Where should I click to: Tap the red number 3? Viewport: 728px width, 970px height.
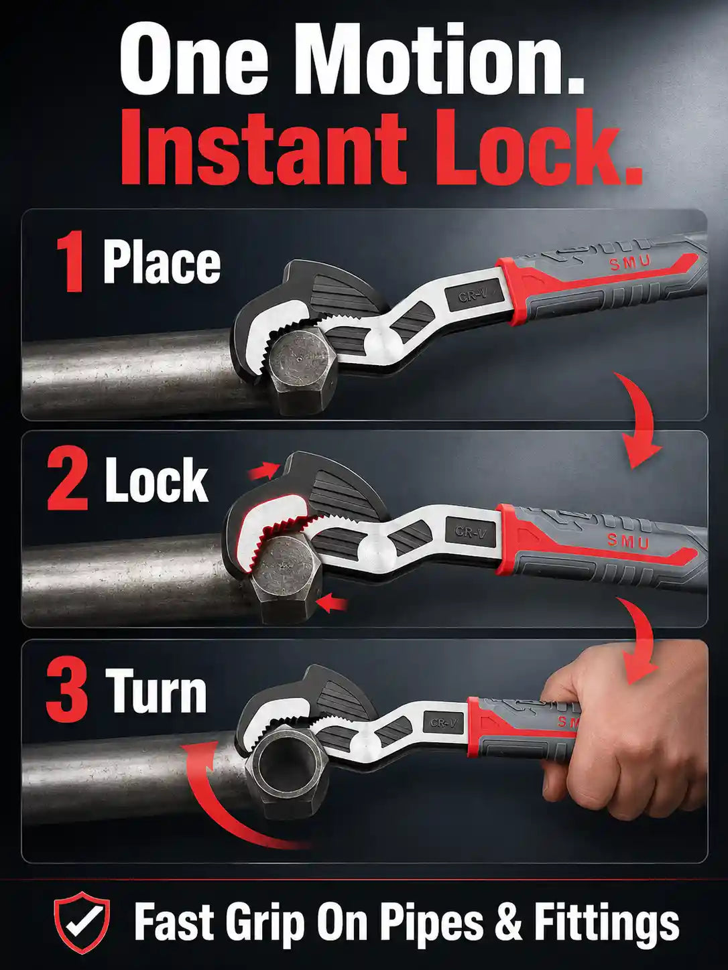pos(68,691)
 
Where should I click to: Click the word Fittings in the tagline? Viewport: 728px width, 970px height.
pos(607,914)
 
